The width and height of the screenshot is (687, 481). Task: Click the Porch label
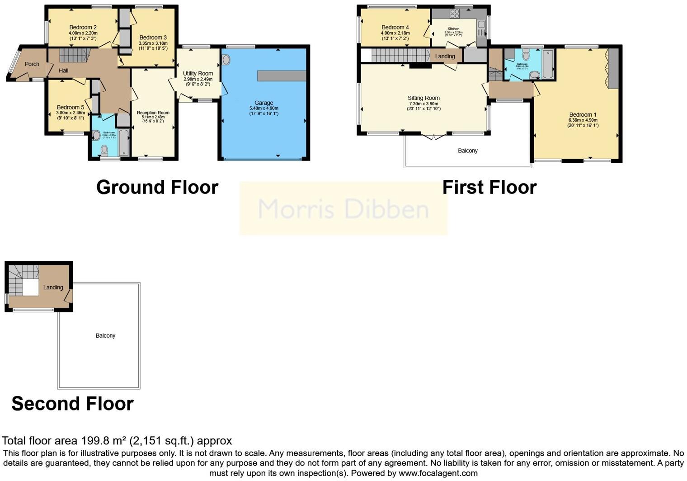tap(32, 64)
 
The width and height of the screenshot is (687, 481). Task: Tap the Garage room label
tap(264, 103)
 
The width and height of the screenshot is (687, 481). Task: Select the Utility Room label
tap(198, 74)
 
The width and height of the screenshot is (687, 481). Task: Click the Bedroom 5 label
tap(70, 108)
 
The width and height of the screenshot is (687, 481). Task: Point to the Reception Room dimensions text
tap(153, 119)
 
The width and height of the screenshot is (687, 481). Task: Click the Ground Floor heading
tap(157, 187)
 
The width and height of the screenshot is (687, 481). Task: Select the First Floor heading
tap(489, 187)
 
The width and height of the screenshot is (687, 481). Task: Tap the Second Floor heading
tap(72, 403)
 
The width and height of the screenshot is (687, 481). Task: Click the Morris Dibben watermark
tap(343, 209)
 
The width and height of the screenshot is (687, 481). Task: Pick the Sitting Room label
tap(423, 98)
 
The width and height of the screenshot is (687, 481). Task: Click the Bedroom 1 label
tap(583, 115)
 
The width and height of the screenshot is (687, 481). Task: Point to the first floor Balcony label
tap(467, 151)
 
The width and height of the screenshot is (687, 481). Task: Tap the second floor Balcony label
tap(105, 335)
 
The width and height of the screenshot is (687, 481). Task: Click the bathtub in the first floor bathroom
tap(547, 65)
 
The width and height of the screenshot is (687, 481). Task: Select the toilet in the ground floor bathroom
tap(105, 150)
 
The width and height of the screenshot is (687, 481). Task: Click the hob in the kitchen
tap(454, 14)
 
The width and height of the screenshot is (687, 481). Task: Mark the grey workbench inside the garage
tap(282, 76)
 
